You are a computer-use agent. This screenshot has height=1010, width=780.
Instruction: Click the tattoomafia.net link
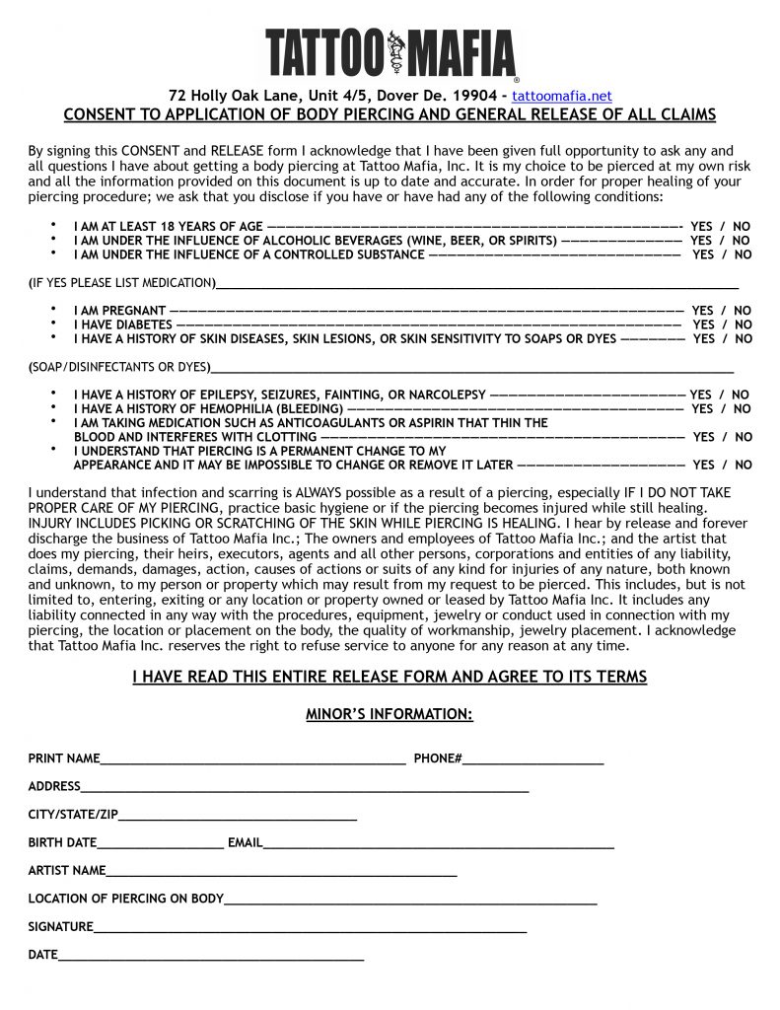pos(562,96)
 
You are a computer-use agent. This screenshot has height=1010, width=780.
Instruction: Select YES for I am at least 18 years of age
pos(701,226)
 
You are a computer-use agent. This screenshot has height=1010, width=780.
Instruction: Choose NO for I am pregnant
pos(742,311)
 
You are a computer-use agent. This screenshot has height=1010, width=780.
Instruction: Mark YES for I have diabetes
pos(703,325)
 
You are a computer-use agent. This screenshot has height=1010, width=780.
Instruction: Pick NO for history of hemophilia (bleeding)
pos(742,408)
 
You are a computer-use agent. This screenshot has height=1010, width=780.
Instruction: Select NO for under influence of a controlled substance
pos(743,254)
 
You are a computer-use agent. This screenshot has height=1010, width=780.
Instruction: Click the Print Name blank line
pos(252,758)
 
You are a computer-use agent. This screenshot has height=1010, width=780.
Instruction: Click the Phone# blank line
pos(532,758)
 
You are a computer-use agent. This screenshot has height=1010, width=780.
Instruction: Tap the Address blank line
pos(305,787)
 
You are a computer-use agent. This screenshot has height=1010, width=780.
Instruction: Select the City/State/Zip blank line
pos(237,815)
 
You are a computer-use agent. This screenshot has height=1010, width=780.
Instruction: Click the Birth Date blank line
pos(160,843)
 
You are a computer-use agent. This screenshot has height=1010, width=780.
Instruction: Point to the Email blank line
pos(438,843)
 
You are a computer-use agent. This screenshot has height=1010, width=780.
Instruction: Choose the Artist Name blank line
pos(281,871)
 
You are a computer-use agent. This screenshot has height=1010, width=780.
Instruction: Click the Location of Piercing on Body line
pos(410,899)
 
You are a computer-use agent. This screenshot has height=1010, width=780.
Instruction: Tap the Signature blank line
pos(310,927)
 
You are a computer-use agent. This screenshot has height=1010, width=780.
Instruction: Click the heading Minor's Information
pos(390,714)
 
